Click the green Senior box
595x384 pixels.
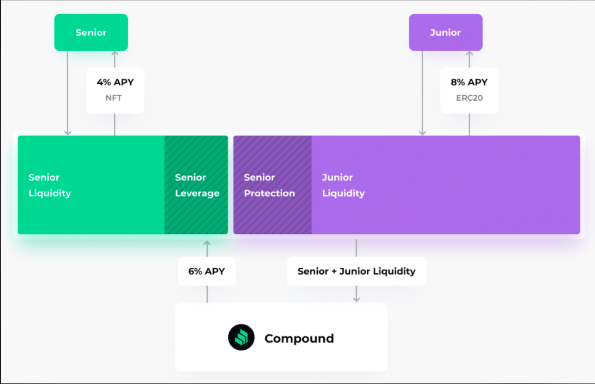[91, 32]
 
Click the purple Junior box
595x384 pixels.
[445, 32]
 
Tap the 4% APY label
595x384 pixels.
[115, 82]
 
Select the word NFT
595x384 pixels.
[114, 98]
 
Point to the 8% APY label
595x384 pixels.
[469, 82]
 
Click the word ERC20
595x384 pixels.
[469, 98]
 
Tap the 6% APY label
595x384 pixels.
[206, 271]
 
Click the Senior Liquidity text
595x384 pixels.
[50, 185]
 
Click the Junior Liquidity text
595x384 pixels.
[343, 185]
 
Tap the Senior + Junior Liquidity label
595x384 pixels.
[356, 271]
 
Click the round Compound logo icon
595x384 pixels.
[241, 338]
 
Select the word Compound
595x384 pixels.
[299, 339]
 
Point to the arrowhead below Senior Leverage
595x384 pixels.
[207, 243]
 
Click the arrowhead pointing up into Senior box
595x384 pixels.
[115, 54]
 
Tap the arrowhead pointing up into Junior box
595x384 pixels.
[469, 54]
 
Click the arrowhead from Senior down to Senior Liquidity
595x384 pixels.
[68, 132]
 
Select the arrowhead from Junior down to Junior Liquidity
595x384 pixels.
[422, 132]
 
